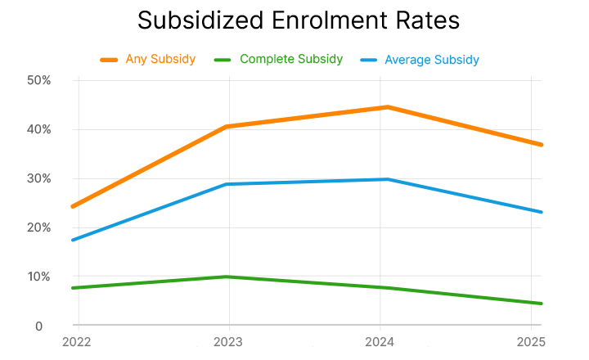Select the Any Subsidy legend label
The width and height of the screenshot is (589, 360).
tap(160, 60)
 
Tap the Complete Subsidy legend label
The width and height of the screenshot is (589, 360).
tap(291, 60)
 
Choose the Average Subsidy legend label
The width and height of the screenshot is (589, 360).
tap(433, 60)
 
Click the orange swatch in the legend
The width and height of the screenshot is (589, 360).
tap(110, 60)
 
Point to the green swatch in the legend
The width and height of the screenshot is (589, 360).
tap(224, 60)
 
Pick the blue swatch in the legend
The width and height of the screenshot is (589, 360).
tap(371, 60)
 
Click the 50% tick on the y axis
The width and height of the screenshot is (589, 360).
tap(39, 80)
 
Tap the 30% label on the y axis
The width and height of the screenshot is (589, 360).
tap(39, 178)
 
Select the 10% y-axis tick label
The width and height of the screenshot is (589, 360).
tap(39, 277)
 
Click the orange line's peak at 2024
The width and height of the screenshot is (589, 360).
tap(387, 107)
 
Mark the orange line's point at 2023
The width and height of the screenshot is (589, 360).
tap(228, 127)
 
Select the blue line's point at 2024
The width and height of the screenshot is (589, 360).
tap(387, 179)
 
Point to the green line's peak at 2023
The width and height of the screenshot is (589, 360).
tap(228, 277)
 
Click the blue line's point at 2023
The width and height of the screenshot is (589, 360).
tap(228, 184)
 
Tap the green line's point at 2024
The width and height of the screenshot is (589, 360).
tap(387, 288)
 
